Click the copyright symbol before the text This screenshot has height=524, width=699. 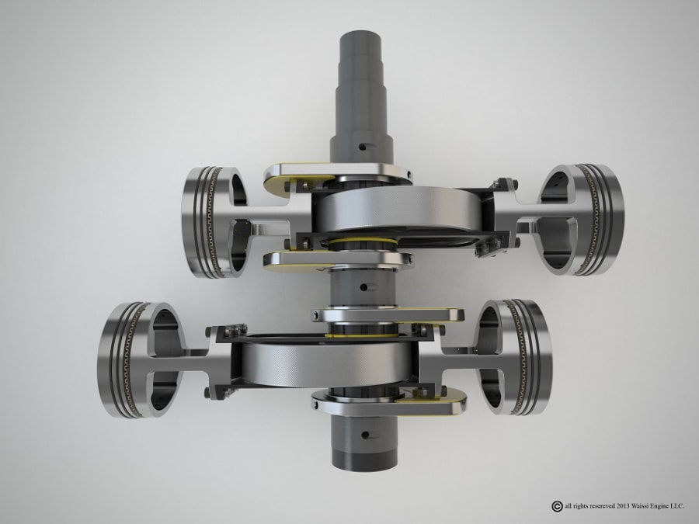pos(556,506)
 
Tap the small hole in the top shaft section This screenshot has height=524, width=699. pos(362,144)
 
